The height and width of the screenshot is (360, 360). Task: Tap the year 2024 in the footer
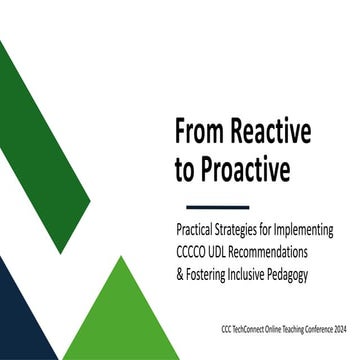point(333,327)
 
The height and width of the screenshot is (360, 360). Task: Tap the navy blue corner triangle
point(20,320)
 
